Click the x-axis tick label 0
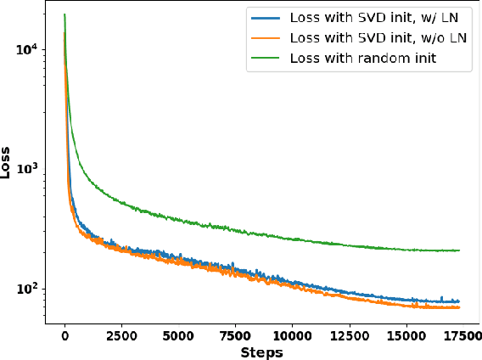coord(64,336)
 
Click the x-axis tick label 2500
coord(121,336)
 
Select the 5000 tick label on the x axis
coord(178,336)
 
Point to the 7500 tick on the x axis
coord(235,336)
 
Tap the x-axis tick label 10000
coord(291,336)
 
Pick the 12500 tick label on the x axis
coord(348,336)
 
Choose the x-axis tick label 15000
coord(405,336)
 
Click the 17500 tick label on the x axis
coord(461,336)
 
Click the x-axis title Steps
coord(261,352)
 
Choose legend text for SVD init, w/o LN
coord(377,37)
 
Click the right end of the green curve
coord(459,250)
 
